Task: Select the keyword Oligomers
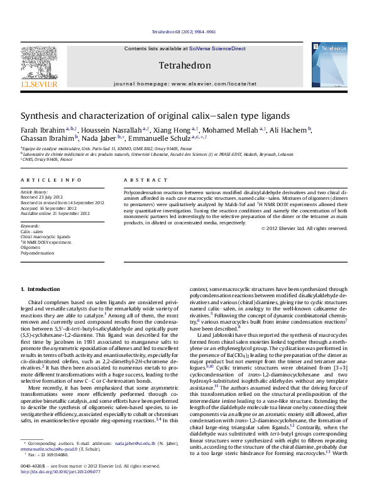31,247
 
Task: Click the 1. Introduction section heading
40,289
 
